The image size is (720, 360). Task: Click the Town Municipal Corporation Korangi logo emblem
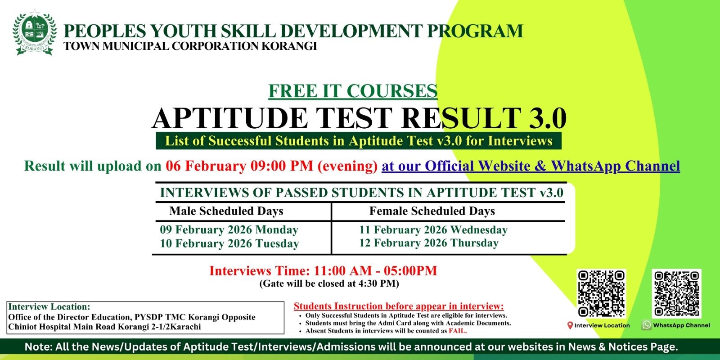(35, 34)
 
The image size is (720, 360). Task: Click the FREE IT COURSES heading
(353, 91)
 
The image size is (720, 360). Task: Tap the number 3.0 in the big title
(547, 118)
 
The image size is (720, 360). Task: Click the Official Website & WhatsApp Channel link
(530, 166)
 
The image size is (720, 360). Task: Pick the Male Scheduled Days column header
(226, 211)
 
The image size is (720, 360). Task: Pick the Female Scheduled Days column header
(432, 211)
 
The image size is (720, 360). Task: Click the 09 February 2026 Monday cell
(229, 229)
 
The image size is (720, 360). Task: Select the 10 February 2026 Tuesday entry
(229, 243)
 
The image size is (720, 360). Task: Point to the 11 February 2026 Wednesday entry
(433, 229)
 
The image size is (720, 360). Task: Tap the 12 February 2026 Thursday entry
(428, 243)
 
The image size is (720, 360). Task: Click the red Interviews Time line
(323, 270)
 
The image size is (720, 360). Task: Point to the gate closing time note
(329, 283)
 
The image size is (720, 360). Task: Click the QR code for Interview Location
(602, 293)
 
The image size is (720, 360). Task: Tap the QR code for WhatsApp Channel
(677, 293)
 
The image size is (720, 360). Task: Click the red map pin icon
(570, 325)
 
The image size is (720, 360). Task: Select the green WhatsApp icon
(647, 325)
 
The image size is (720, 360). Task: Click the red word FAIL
(458, 331)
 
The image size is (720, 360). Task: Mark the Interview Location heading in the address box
(49, 307)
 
